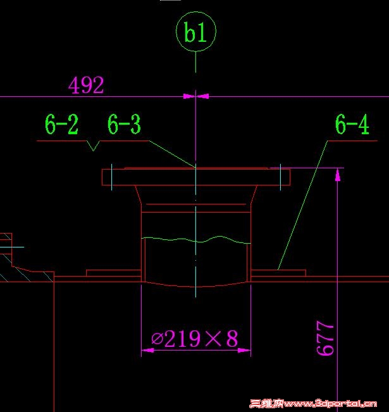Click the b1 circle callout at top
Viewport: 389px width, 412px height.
196,12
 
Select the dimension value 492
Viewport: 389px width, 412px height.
86,85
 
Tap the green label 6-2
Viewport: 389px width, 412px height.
61,124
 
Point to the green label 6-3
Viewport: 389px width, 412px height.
124,124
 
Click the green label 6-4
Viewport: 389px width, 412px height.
352,124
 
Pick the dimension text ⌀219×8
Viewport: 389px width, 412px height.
195,339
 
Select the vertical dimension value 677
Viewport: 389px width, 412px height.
325,338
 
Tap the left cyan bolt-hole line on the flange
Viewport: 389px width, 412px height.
111,177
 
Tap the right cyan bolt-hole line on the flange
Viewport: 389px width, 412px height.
280,177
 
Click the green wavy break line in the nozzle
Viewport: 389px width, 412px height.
196,240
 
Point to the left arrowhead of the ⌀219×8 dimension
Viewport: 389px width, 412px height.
147,350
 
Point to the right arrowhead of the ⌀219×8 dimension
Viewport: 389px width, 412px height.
244,350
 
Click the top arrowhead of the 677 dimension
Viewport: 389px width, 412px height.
338,175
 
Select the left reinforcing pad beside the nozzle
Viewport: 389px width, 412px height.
114,273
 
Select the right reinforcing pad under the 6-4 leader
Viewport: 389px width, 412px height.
278,273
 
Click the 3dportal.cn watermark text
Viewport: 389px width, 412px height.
313,404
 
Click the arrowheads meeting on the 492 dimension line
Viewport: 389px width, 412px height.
196,96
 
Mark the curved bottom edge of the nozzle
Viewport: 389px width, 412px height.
196,286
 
